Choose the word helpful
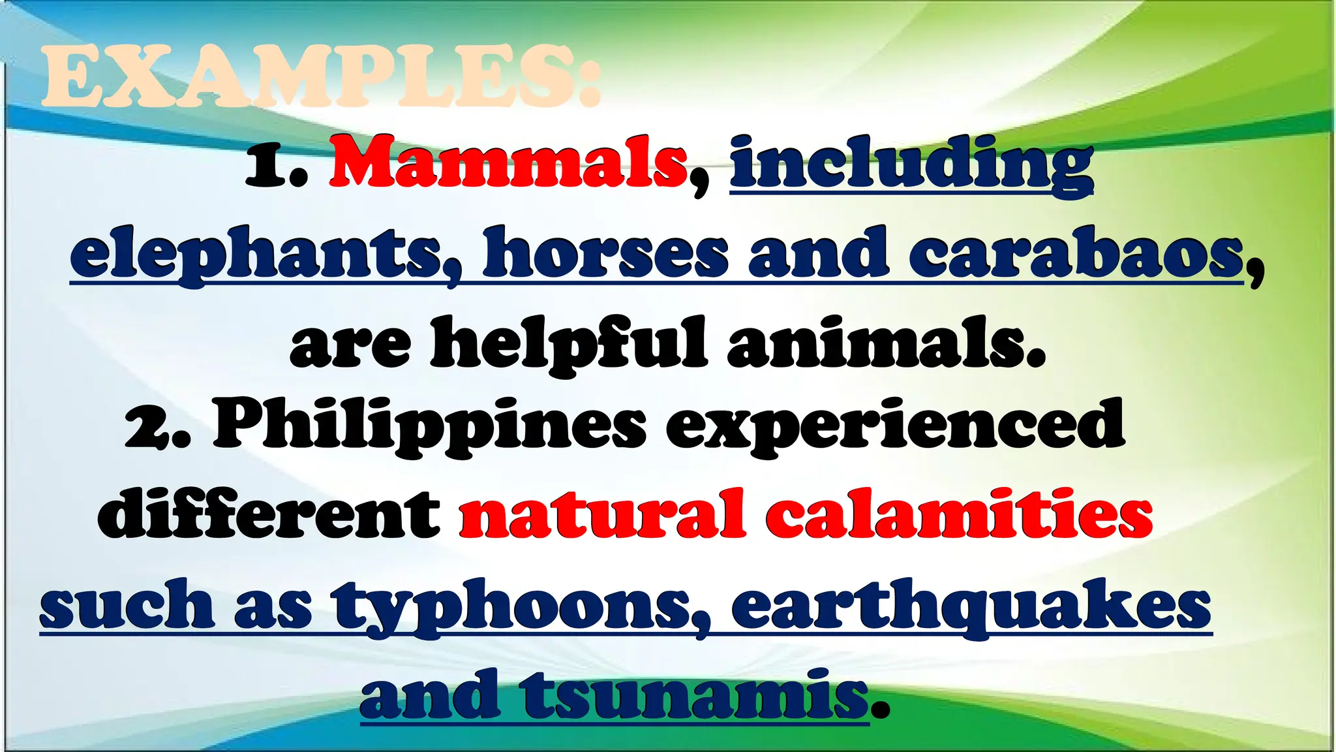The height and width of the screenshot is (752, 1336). [x=568, y=343]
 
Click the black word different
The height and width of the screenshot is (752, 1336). [x=269, y=516]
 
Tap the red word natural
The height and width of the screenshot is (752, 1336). [x=601, y=516]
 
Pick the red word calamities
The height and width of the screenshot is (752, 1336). [x=959, y=516]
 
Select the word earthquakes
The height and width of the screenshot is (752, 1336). [x=971, y=607]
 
